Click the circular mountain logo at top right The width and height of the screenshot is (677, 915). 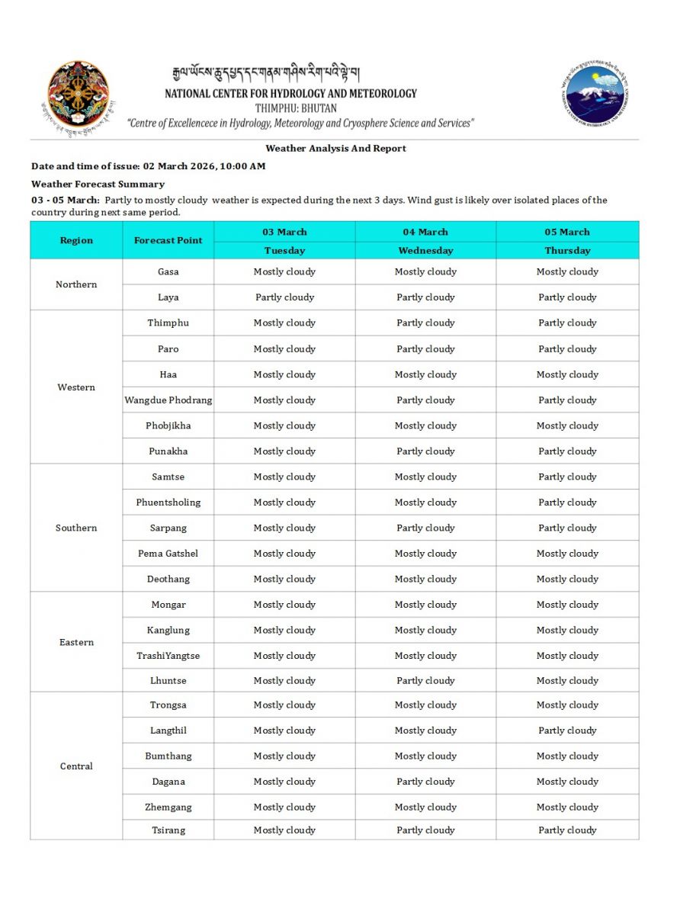point(595,96)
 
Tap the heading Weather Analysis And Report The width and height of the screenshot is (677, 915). point(335,149)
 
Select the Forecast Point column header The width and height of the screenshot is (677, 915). point(168,240)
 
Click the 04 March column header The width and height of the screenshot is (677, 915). point(425,232)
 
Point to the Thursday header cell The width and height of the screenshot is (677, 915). point(567,250)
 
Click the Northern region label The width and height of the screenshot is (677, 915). point(76,284)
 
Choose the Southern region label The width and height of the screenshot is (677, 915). point(76,528)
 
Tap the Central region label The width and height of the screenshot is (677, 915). point(76,766)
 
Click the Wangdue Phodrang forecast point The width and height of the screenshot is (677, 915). point(168,400)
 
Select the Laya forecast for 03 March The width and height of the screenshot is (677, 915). point(284,297)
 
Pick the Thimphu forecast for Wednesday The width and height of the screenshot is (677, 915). point(425,323)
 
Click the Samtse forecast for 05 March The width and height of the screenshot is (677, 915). point(567,477)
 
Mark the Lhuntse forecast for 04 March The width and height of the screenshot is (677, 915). point(425,681)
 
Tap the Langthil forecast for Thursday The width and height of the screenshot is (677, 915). point(567,730)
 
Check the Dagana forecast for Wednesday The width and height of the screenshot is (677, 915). point(425,782)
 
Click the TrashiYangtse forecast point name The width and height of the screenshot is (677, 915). point(168,656)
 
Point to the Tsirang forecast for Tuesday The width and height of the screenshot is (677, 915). point(284,830)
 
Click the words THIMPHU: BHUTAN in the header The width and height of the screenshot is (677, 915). point(296,108)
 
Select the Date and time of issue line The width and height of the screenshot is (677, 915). point(149,166)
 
